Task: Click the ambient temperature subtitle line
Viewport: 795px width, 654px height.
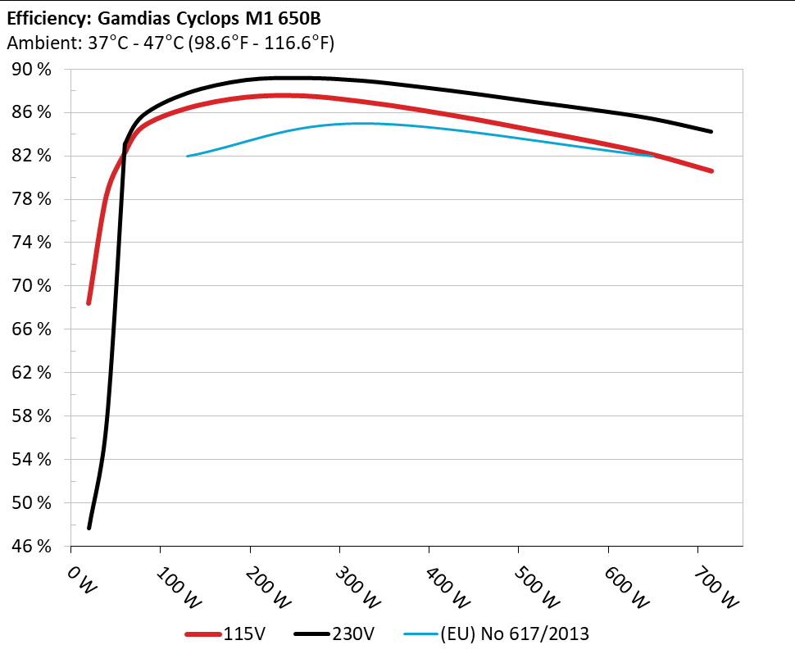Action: (170, 42)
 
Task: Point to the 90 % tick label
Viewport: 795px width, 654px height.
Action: (32, 70)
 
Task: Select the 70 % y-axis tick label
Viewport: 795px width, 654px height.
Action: (32, 286)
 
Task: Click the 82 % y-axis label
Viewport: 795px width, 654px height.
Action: (32, 156)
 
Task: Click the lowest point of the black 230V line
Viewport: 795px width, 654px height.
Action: (89, 528)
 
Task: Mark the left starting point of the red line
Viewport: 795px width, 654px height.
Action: (89, 303)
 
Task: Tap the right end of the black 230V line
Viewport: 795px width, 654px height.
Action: (711, 131)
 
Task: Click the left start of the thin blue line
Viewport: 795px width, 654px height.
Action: (188, 156)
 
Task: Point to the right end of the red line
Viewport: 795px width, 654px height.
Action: (711, 171)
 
